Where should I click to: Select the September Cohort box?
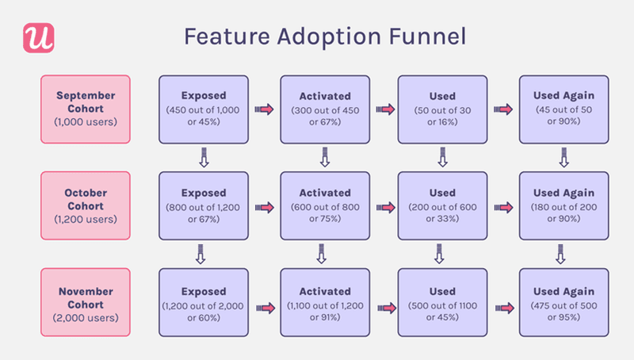(84, 109)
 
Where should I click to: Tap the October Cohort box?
(84, 205)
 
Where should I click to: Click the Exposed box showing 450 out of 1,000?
(204, 109)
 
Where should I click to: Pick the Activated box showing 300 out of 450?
(324, 109)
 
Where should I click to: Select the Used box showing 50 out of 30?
(441, 109)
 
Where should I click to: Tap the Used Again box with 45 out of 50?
(563, 109)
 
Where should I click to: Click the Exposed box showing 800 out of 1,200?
(204, 205)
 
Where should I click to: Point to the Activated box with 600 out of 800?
(324, 205)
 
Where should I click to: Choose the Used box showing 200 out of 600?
(441, 205)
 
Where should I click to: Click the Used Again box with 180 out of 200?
(563, 205)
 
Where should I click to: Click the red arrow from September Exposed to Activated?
(264, 109)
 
